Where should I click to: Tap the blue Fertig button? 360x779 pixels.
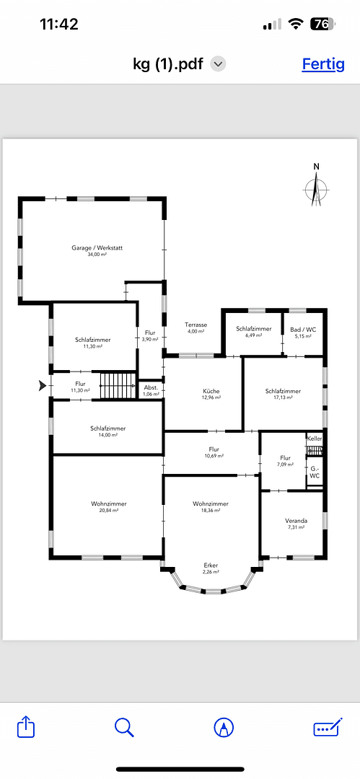(322, 63)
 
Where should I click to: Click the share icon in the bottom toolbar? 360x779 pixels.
(26, 726)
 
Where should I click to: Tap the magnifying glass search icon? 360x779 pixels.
(125, 726)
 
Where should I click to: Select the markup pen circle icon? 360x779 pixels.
(224, 726)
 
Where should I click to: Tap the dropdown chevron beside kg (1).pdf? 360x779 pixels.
(218, 63)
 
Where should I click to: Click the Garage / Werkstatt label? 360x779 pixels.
(97, 248)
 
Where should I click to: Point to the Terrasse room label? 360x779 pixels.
(196, 325)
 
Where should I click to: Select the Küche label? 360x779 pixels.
(211, 391)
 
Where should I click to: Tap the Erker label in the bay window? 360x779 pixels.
(211, 565)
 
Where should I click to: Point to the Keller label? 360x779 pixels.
(315, 439)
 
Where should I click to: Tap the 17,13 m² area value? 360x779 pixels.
(283, 397)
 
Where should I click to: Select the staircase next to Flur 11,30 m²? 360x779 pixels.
(117, 385)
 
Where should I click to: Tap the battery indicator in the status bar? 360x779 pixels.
(322, 24)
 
